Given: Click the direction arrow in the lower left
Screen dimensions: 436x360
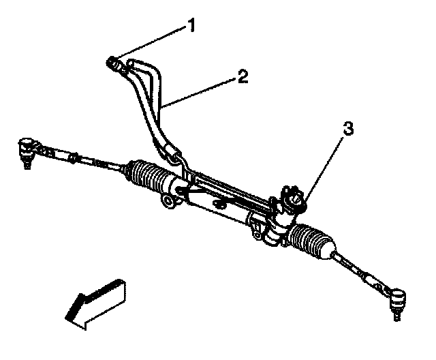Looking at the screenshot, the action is [96, 301].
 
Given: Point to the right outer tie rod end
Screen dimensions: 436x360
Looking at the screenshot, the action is [396, 299].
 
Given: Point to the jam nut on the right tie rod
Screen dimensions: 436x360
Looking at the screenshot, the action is [369, 278].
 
